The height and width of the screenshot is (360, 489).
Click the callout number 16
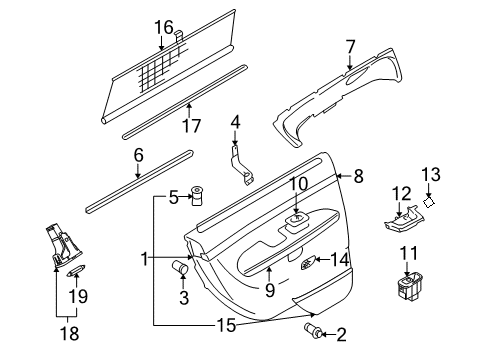[163, 27]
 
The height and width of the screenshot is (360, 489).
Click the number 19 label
[78, 296]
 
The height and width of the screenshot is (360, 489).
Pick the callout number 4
[236, 122]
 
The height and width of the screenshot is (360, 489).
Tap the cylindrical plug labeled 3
[182, 267]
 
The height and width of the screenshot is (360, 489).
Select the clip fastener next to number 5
[196, 195]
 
